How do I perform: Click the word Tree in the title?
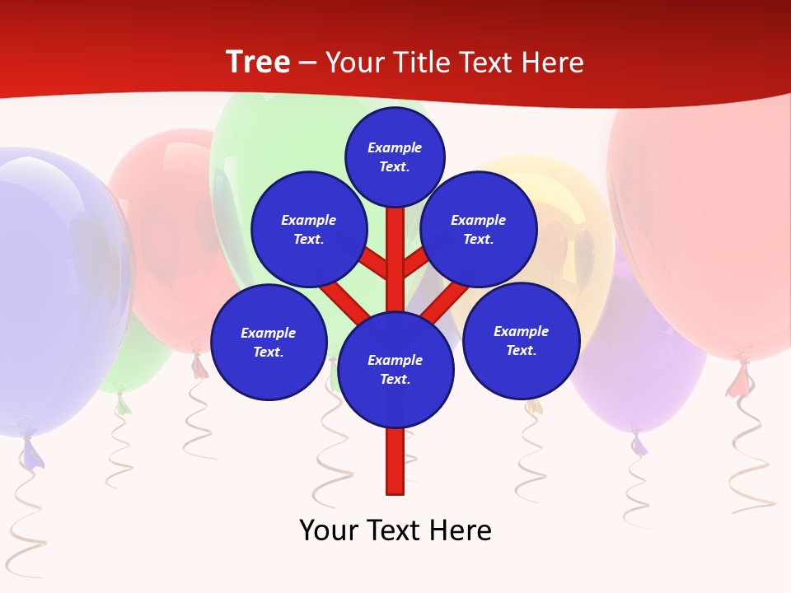tap(258, 63)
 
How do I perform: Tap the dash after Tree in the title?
tap(307, 63)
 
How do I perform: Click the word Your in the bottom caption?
tap(328, 530)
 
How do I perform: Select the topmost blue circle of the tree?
tap(395, 156)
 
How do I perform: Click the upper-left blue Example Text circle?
tap(309, 229)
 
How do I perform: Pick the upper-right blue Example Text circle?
tap(479, 229)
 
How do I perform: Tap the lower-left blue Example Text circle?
tap(269, 342)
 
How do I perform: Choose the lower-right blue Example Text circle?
tap(522, 340)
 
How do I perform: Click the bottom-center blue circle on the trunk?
tap(395, 369)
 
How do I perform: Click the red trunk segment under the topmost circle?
tap(395, 247)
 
